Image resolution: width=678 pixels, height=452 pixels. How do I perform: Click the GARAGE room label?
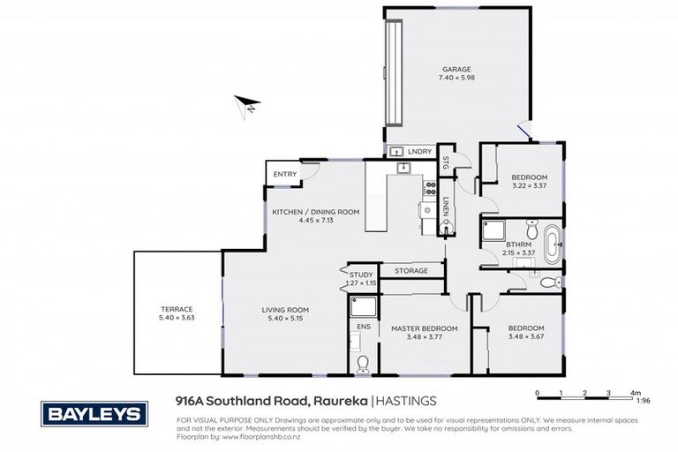[456, 69]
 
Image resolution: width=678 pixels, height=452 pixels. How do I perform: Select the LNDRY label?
[420, 152]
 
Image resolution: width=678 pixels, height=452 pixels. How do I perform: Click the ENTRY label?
[284, 174]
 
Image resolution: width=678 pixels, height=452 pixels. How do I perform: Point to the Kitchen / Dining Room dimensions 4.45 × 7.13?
[304, 221]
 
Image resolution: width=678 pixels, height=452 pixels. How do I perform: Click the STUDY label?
[361, 275]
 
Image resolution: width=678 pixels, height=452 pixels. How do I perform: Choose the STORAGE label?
[411, 270]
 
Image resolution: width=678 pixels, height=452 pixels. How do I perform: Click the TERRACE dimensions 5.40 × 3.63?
[176, 318]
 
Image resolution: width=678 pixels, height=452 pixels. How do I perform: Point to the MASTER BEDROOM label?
[425, 328]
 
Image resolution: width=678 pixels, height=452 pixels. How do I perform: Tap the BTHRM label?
[517, 246]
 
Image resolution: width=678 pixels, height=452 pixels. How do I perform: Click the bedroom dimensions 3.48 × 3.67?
[526, 337]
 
